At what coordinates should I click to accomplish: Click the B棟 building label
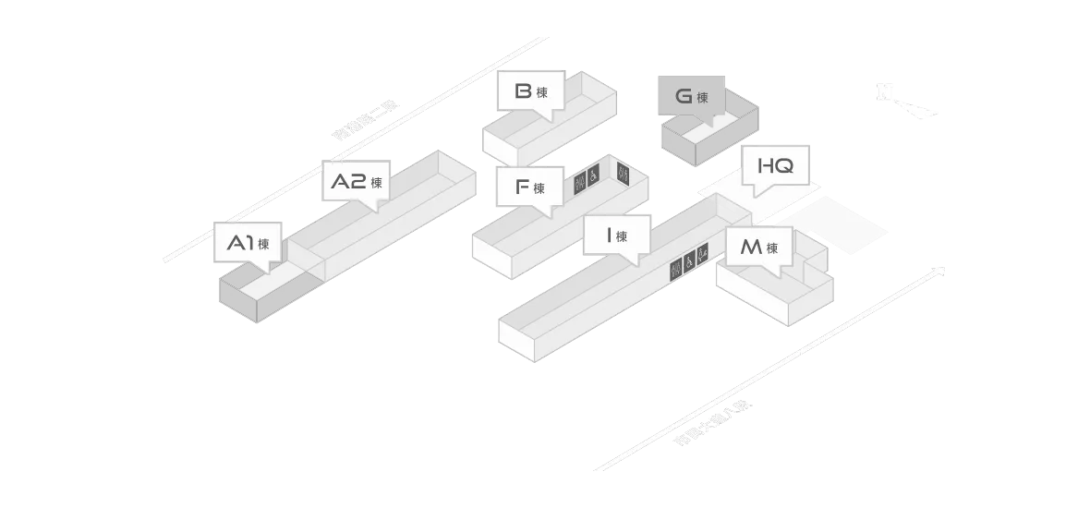coord(531,91)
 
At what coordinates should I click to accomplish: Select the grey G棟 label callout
coord(694,96)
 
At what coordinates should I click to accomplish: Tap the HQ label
coord(775,166)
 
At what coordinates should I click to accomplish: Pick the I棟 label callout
coord(617,236)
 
